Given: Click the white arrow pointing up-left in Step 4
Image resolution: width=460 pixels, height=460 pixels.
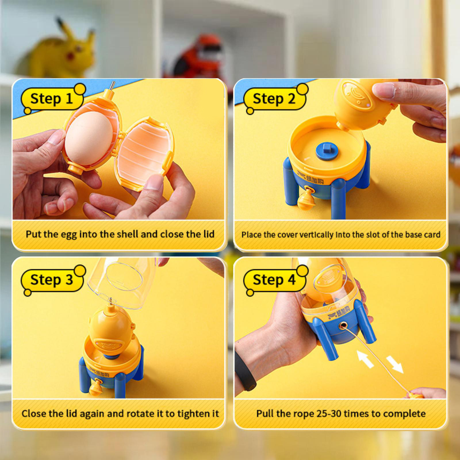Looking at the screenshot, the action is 365,359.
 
